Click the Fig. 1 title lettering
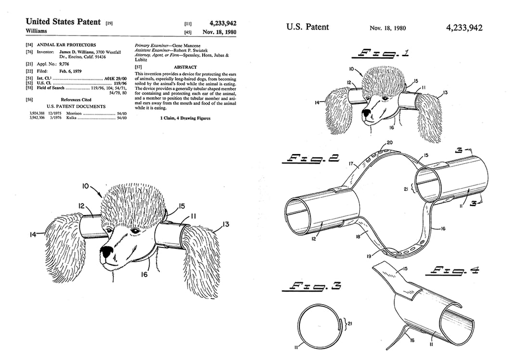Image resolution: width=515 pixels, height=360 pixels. pyautogui.click(x=383, y=53)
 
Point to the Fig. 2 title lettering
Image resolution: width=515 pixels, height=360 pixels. pyautogui.click(x=313, y=158)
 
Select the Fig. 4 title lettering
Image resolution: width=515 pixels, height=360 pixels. pyautogui.click(x=452, y=271)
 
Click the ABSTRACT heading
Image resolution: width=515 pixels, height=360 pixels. pyautogui.click(x=185, y=67)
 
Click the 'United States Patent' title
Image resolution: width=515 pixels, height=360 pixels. pyautogui.click(x=63, y=22)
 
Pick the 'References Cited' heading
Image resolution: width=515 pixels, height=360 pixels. pyautogui.click(x=76, y=100)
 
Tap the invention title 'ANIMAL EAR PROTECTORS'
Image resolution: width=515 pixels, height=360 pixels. pyautogui.click(x=70, y=45)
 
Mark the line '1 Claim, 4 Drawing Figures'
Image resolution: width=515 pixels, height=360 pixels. pyautogui.click(x=185, y=118)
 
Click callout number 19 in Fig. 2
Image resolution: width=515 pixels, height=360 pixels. pyautogui.click(x=369, y=257)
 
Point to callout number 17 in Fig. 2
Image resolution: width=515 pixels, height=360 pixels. pyautogui.click(x=351, y=164)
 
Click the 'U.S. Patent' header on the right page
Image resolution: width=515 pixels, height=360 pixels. pyautogui.click(x=308, y=27)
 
